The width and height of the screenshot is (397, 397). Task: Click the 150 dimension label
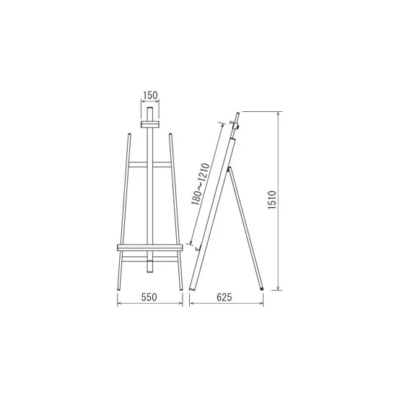150,95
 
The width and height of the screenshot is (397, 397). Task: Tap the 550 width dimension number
149,297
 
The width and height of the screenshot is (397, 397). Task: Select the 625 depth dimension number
224,297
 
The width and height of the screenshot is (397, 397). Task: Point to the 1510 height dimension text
272,200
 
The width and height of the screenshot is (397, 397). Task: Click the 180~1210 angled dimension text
200,184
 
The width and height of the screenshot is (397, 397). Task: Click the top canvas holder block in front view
150,124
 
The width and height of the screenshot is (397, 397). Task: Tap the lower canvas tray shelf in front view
149,248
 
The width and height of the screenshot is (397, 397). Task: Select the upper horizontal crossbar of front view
149,165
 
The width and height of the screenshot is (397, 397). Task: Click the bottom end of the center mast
150,271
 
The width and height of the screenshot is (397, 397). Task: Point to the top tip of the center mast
150,108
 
